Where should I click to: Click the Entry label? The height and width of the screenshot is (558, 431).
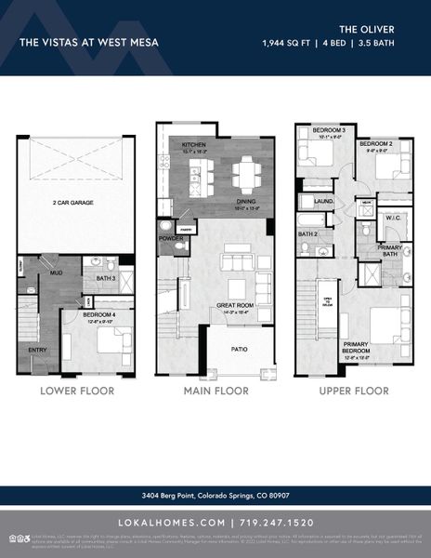point(37,350)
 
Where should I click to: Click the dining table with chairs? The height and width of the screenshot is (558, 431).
point(246,173)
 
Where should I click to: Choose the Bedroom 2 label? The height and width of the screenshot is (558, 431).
point(374,144)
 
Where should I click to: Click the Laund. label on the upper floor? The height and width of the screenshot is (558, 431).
point(324,200)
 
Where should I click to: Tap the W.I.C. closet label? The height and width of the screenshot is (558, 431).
point(392,218)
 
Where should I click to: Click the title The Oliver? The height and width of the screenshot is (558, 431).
point(385,29)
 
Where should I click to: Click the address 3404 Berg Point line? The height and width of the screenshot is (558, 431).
point(215,495)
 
